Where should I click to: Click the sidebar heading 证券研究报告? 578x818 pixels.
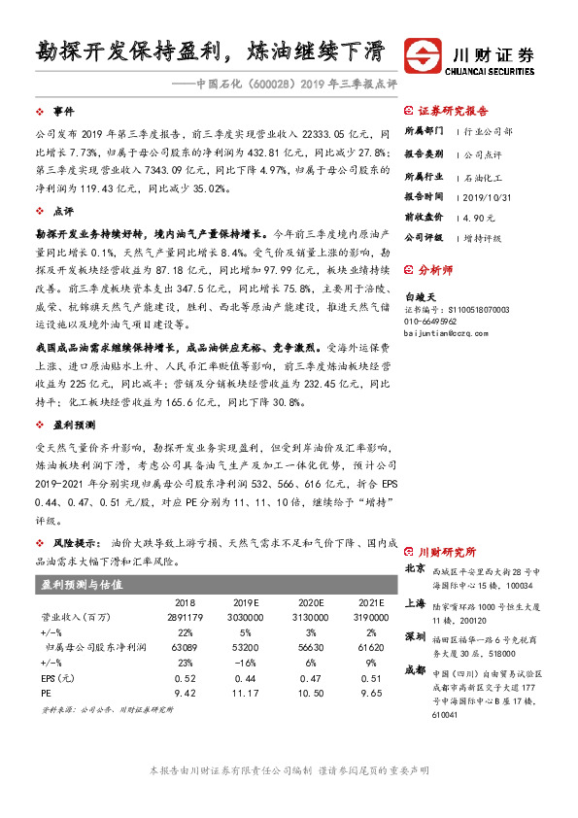pyautogui.click(x=453, y=112)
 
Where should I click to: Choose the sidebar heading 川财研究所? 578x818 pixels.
pyautogui.click(x=446, y=550)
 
